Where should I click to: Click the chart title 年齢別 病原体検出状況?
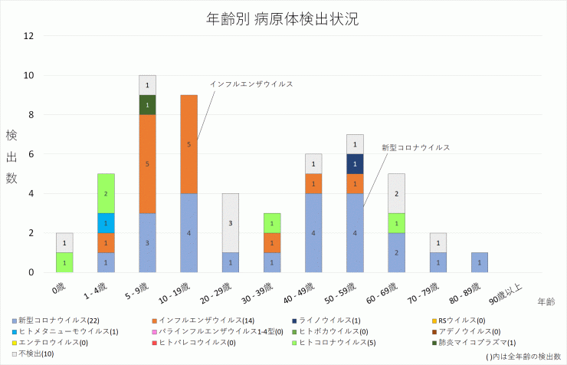pos(283,19)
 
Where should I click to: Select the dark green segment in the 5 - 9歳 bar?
pos(148,105)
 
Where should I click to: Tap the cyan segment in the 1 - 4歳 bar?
pos(106,223)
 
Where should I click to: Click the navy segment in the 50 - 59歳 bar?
pos(356,164)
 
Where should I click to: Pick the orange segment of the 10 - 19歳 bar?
pos(189,144)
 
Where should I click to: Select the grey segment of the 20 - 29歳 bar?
pos(231,223)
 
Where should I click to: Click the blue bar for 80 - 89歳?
pos(480,262)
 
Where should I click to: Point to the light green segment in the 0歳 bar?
pos(64,262)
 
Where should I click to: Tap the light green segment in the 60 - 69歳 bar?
pos(397,223)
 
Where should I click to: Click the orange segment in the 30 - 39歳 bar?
pos(272,242)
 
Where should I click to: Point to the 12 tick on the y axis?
pos(29,36)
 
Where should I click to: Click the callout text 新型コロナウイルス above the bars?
pos(415,146)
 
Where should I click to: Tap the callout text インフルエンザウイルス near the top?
pos(251,84)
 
